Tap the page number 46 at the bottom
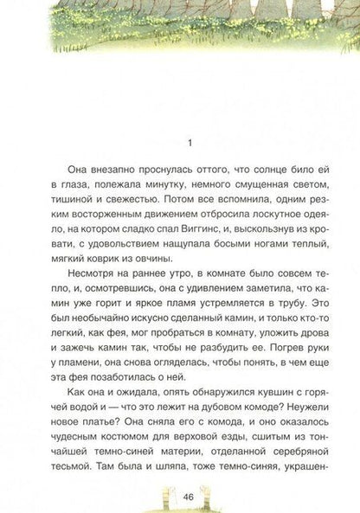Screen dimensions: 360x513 click(x=179, y=497)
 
